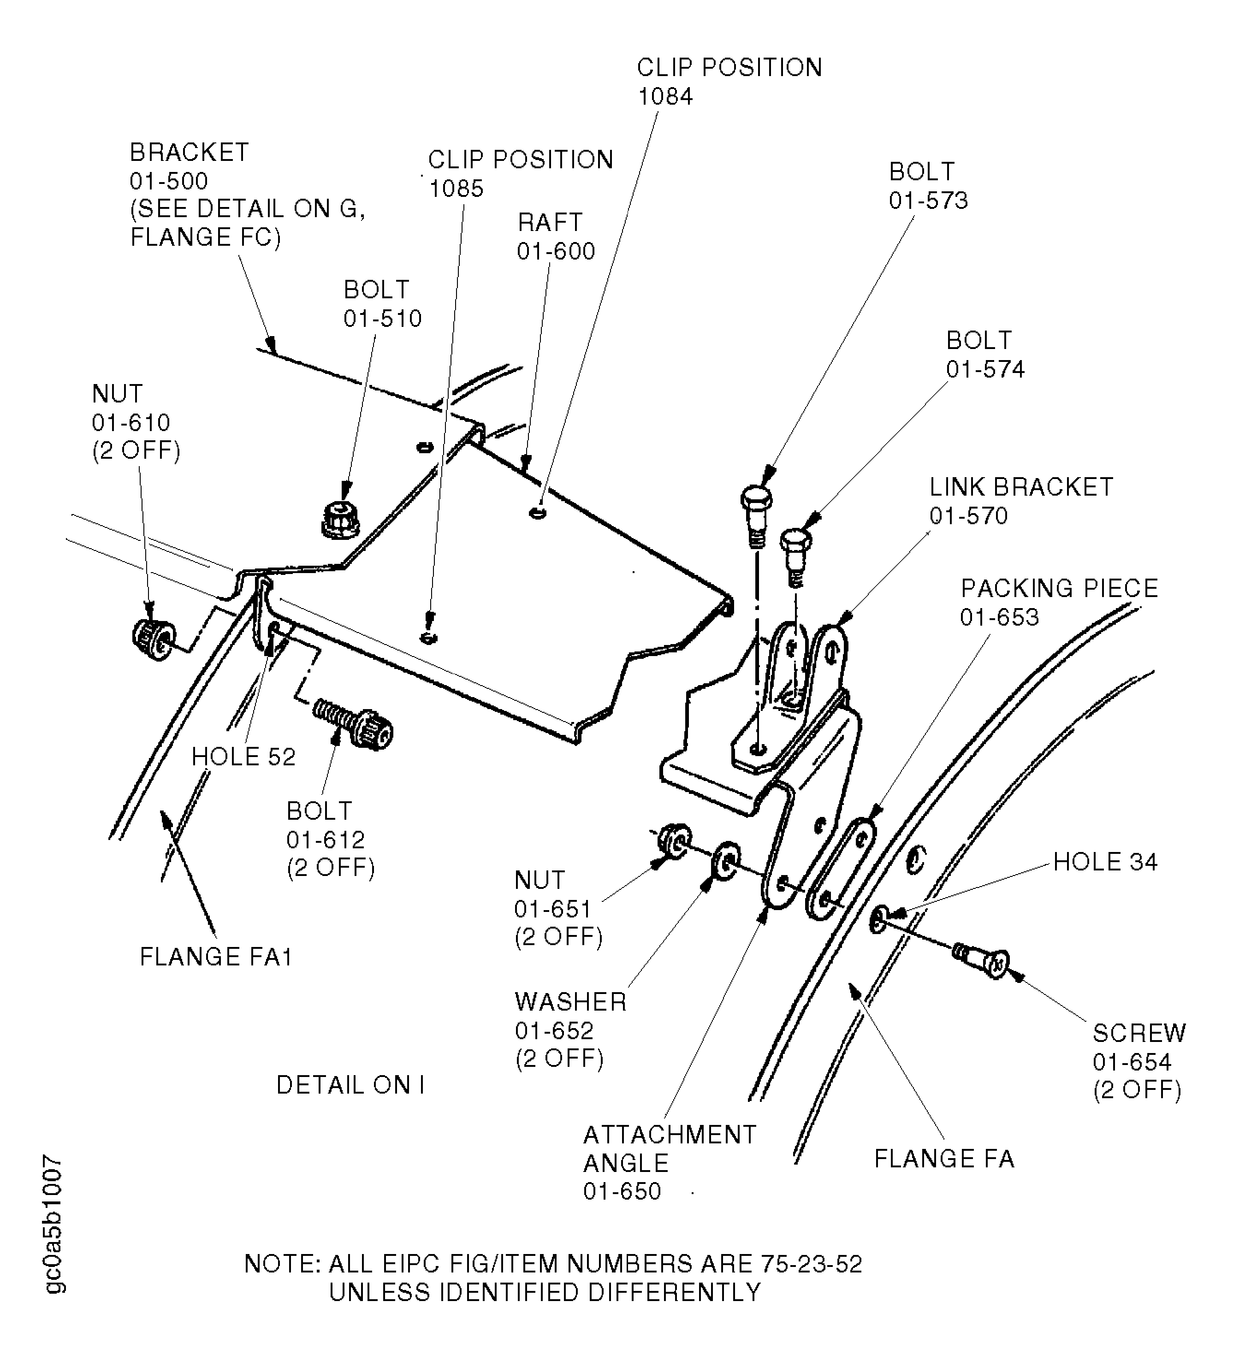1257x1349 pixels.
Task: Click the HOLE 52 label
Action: [x=243, y=757]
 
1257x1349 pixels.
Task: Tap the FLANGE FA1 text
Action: [x=216, y=957]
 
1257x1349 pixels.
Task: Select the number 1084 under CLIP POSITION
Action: [x=664, y=96]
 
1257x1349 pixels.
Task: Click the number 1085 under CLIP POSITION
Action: [x=456, y=189]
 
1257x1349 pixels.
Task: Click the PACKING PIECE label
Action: [x=1059, y=588]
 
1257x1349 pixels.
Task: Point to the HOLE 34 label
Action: [x=1105, y=862]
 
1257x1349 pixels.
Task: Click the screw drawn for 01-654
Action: [x=983, y=961]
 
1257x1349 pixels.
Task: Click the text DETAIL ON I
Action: [x=350, y=1085]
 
